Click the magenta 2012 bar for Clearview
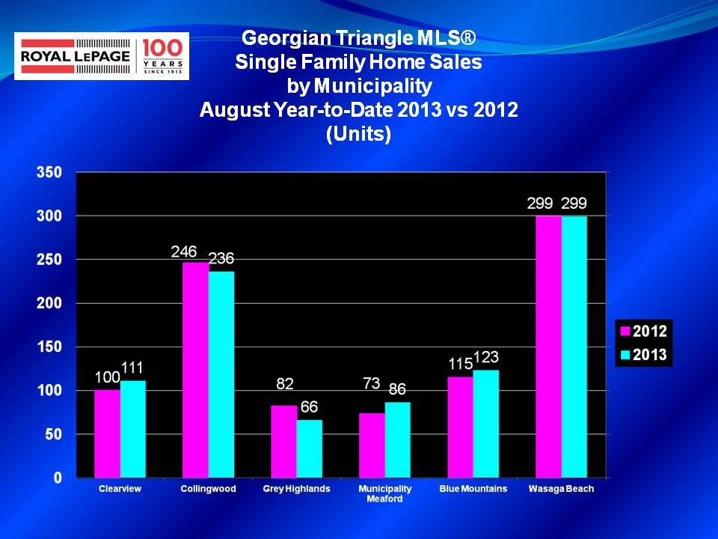(x=107, y=433)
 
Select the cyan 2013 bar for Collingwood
(x=221, y=374)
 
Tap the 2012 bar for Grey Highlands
(x=283, y=442)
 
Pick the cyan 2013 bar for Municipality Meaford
(x=397, y=440)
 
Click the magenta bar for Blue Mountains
(x=460, y=427)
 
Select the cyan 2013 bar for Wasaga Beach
(x=574, y=347)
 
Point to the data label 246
(x=184, y=252)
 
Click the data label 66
(x=309, y=406)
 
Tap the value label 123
(x=486, y=356)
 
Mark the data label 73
(x=372, y=383)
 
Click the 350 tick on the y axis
(x=49, y=172)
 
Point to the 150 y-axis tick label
(x=49, y=347)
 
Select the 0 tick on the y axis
(x=58, y=478)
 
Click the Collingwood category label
(x=208, y=489)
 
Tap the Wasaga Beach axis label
(x=561, y=489)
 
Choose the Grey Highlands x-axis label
(x=296, y=489)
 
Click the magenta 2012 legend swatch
(x=625, y=331)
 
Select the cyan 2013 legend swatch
(x=625, y=355)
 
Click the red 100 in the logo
(x=162, y=48)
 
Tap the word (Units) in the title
(x=358, y=134)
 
